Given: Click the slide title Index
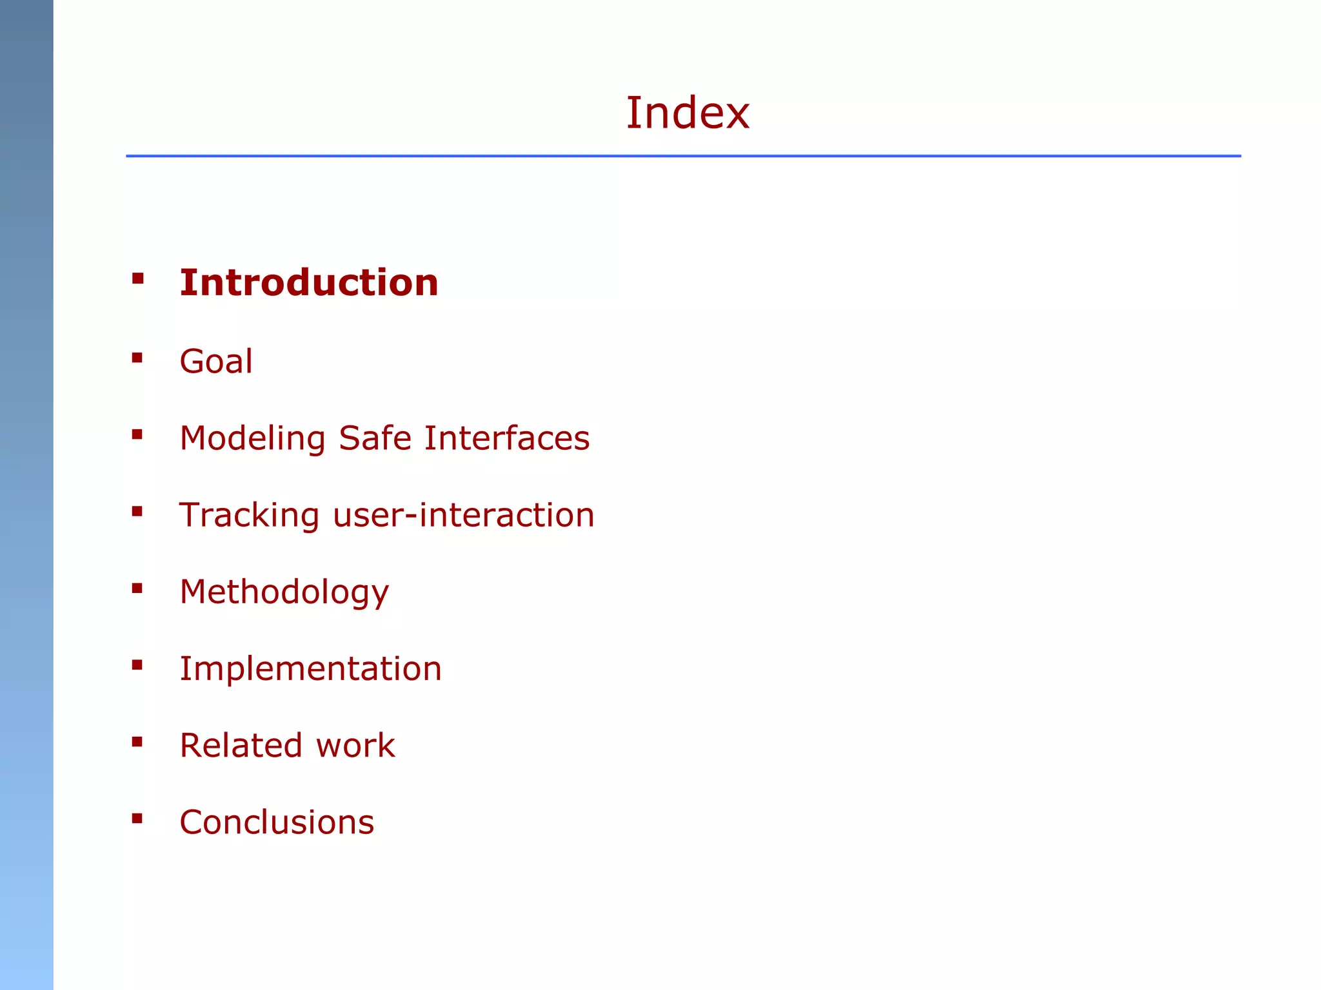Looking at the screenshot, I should [x=688, y=113].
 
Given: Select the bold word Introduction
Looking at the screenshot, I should [x=309, y=283].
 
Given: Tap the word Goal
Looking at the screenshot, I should [x=216, y=361].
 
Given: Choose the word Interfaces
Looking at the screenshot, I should [x=506, y=438].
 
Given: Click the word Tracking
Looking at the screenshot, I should [x=249, y=516].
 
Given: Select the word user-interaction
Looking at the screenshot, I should [x=463, y=515].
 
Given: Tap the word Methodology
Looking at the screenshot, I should [x=284, y=592].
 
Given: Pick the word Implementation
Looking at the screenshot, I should [x=310, y=668].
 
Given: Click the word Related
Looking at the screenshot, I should [x=241, y=746].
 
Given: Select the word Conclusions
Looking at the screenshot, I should [x=277, y=822].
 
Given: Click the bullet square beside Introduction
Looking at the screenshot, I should [x=137, y=279].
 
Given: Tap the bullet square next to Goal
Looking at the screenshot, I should [x=137, y=358].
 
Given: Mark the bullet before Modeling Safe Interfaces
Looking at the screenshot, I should [x=137, y=435].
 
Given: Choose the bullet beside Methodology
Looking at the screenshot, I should [x=137, y=588].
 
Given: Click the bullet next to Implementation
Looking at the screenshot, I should [x=137, y=665].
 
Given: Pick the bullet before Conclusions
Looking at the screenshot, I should [x=137, y=819].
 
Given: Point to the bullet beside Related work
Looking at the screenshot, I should [x=137, y=742].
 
